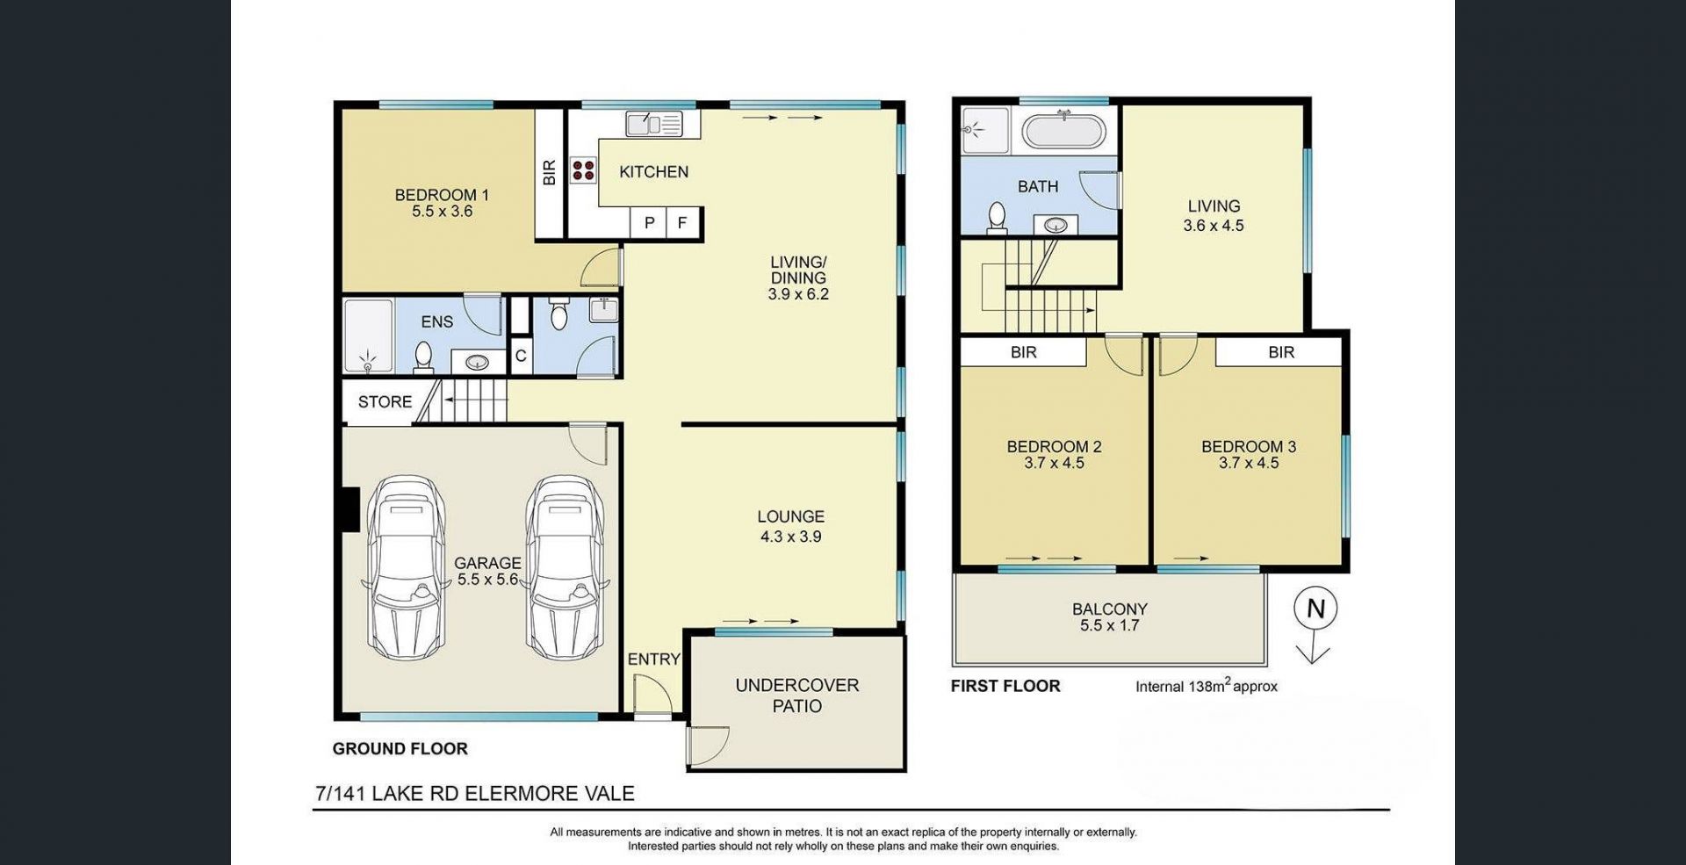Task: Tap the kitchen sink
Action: [x=654, y=124]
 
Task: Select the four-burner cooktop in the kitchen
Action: [x=583, y=169]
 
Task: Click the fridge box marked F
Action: [x=682, y=223]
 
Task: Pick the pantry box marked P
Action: [x=649, y=223]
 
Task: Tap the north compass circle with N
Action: [x=1315, y=609]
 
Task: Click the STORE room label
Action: [x=385, y=401]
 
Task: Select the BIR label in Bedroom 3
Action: [x=1281, y=352]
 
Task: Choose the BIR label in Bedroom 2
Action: [x=1024, y=352]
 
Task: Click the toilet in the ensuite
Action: [x=423, y=357]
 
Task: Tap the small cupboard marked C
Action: [x=521, y=357]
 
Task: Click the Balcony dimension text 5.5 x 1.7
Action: [x=1109, y=626]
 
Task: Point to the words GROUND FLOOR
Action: [x=400, y=749]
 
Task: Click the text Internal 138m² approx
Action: [x=1207, y=686]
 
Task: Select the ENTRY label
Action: [x=654, y=660]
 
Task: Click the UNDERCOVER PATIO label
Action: [x=797, y=696]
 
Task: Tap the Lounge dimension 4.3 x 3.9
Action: [x=791, y=537]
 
